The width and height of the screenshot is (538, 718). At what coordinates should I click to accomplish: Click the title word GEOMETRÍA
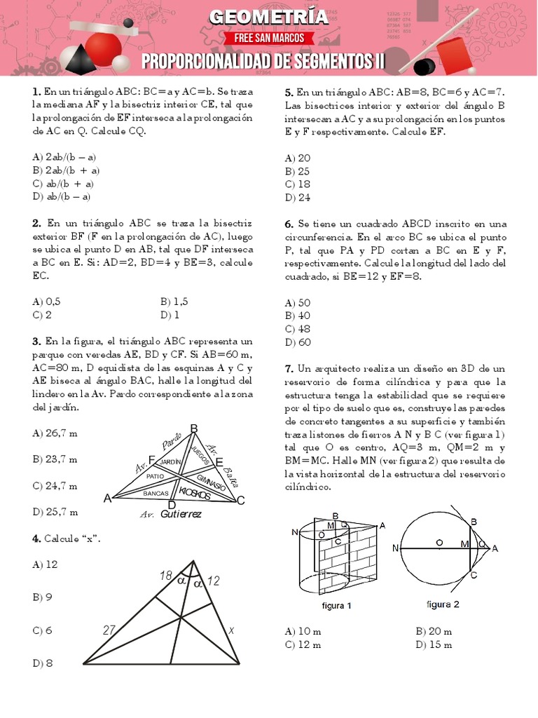click(269, 17)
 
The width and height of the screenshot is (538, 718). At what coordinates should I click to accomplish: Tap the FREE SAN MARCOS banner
click(269, 38)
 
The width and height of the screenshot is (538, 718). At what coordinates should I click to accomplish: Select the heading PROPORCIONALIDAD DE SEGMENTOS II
click(263, 62)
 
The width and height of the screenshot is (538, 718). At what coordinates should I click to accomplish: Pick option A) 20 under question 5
click(297, 158)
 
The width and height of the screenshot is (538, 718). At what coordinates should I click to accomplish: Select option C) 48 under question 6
click(297, 329)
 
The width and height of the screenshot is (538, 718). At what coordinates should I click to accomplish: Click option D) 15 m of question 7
click(434, 645)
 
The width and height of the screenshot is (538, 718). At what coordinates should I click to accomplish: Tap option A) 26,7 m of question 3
click(55, 433)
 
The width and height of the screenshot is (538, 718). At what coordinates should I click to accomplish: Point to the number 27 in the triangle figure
click(109, 630)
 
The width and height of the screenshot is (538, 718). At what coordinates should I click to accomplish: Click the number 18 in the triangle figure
click(166, 576)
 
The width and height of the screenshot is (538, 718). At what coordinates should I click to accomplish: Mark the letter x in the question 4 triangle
click(230, 630)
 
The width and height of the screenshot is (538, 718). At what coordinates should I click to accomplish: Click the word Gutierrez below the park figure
click(181, 515)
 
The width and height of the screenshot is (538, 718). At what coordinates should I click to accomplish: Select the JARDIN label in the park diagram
click(170, 462)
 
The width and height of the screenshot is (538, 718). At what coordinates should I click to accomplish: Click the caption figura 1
click(336, 606)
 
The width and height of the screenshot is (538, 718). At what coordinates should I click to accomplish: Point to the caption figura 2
click(443, 604)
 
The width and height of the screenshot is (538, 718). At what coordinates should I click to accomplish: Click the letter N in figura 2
click(396, 548)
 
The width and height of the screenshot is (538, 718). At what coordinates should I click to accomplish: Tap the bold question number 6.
click(289, 224)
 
